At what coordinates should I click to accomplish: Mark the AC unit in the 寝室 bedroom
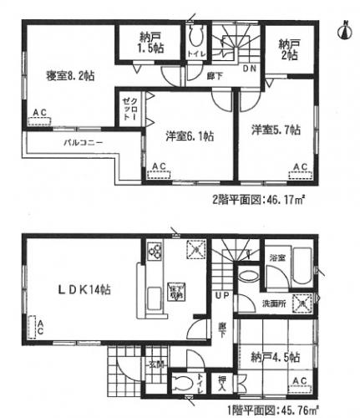coord(39,118)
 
